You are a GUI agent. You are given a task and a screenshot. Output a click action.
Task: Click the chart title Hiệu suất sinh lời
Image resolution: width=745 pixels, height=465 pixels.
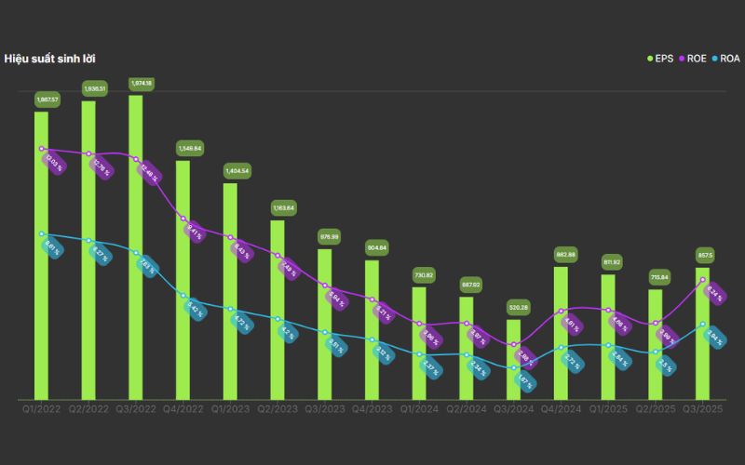coord(49,59)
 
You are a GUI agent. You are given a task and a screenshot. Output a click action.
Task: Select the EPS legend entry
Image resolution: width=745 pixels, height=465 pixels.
coord(661,59)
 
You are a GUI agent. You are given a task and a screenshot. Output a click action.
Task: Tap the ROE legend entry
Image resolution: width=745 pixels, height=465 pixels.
coord(693,59)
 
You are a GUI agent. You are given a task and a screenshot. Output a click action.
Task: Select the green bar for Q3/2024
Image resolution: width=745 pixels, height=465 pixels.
coord(514,359)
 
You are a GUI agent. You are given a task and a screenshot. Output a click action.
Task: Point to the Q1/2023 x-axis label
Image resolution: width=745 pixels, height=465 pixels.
coord(230,407)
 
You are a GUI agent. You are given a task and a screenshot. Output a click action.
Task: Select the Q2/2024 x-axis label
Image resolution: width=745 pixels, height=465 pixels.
coord(467,407)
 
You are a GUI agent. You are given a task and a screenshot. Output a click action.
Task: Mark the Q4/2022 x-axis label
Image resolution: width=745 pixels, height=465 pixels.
coord(183,407)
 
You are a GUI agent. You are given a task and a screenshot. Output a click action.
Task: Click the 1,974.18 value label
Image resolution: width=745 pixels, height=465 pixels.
coord(142,83)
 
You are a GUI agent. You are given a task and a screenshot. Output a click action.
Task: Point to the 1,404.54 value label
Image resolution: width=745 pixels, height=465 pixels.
coord(237,171)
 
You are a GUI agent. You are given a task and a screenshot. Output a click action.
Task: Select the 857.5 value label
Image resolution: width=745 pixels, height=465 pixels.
coord(704,255)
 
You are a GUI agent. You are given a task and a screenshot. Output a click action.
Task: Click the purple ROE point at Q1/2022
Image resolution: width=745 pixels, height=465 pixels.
coord(42,149)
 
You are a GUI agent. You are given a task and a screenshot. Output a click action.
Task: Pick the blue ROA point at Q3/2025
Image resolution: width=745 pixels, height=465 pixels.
coord(703,324)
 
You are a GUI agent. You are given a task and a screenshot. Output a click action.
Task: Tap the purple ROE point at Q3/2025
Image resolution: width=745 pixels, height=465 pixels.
coord(703,280)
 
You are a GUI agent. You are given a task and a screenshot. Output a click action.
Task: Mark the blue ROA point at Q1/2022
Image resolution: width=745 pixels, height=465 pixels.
coord(42,233)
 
